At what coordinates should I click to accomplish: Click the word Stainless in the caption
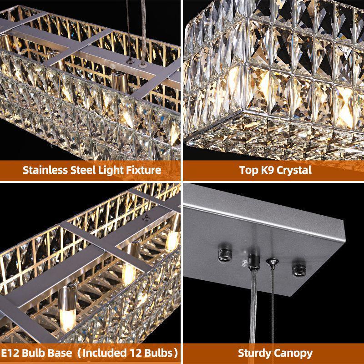tap(45, 170)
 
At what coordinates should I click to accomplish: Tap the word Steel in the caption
tap(82, 170)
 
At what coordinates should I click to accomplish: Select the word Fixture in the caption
tap(143, 170)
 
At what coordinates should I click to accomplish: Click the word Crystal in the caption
tap(294, 171)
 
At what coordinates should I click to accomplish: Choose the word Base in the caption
tap(61, 353)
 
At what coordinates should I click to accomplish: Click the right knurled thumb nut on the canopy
tap(299, 270)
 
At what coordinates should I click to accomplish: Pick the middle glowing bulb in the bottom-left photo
tap(129, 273)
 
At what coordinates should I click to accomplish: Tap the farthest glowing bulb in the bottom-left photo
tap(172, 241)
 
